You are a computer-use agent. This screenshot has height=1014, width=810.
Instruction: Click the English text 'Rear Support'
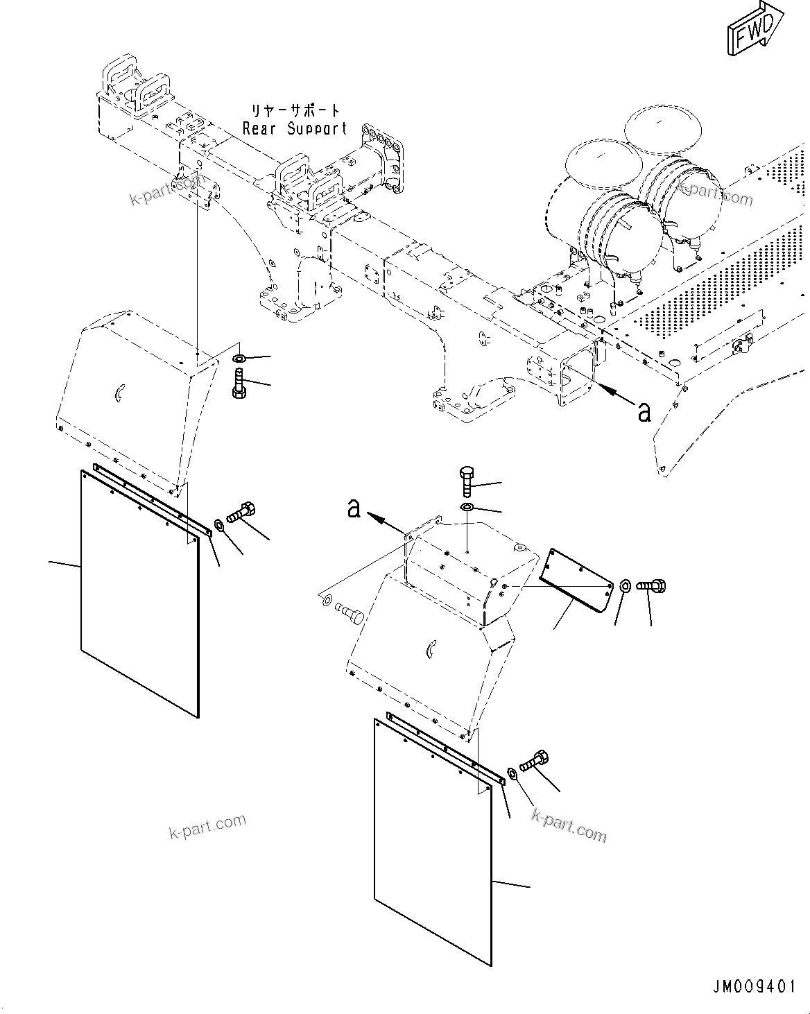(x=295, y=128)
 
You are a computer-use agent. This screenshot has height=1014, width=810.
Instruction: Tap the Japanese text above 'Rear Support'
(x=296, y=110)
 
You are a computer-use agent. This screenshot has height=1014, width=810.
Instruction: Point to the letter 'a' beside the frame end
(x=644, y=412)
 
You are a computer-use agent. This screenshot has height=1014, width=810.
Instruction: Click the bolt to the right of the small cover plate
(x=651, y=586)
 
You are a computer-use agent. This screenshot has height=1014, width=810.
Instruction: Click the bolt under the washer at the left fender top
(x=239, y=384)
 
